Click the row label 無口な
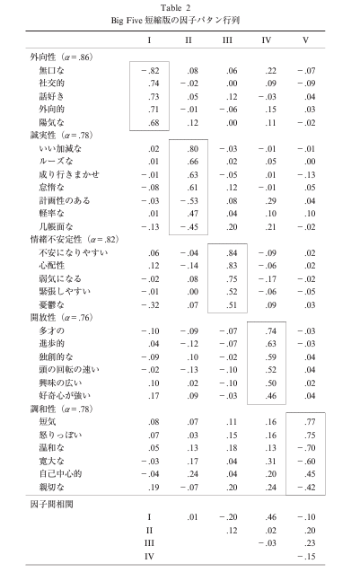tap(52, 69)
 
